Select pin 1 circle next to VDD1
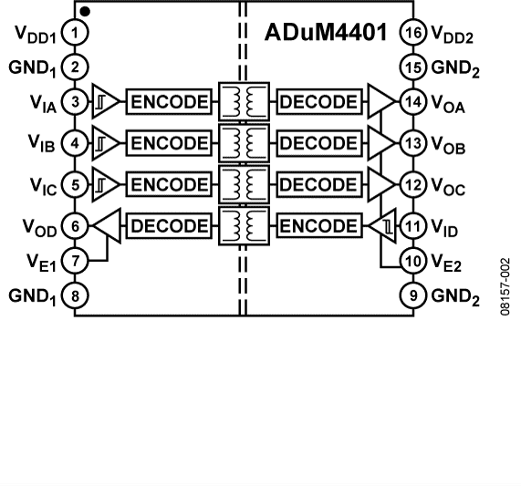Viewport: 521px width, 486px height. (x=77, y=34)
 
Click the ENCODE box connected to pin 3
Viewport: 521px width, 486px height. (x=169, y=101)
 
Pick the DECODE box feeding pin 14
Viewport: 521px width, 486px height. (x=318, y=101)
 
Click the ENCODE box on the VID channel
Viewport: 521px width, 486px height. (x=318, y=226)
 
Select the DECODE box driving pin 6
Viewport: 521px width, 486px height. (x=169, y=226)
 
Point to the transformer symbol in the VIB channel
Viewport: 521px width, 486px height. (x=243, y=143)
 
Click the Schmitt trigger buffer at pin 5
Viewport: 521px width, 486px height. (x=106, y=185)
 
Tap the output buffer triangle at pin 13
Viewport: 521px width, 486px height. (x=378, y=143)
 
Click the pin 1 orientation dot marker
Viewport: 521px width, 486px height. (x=85, y=11)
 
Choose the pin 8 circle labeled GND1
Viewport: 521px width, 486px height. (x=77, y=295)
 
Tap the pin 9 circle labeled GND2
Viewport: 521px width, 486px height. (x=413, y=295)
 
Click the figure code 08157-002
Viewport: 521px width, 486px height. (x=505, y=285)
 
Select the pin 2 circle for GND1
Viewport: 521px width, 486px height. (x=77, y=67)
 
